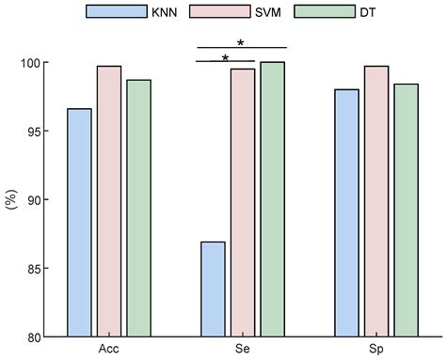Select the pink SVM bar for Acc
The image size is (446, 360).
click(109, 201)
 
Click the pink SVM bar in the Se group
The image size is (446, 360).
click(243, 203)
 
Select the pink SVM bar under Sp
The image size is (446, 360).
click(376, 201)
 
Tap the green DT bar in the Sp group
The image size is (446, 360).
click(406, 211)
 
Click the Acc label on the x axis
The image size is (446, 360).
click(108, 349)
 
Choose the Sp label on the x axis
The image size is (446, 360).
click(375, 349)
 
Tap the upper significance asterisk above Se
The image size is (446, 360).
click(242, 42)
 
